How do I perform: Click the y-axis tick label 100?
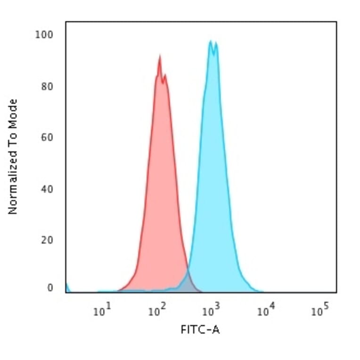45,35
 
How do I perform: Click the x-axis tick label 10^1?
102,311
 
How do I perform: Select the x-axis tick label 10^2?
156,311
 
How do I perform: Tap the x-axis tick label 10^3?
211,311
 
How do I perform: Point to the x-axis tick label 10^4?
266,311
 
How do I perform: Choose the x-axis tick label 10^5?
320,311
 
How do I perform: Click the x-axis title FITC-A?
200,330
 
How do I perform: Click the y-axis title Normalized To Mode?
13,156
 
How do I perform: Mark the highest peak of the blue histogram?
211,41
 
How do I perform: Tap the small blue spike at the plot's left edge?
67,286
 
